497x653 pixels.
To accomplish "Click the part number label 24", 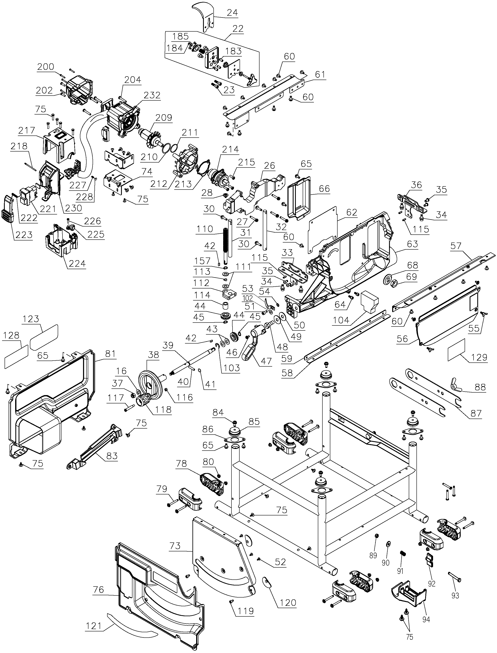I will click(233, 12).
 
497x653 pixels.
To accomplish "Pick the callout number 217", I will click(27, 130).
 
